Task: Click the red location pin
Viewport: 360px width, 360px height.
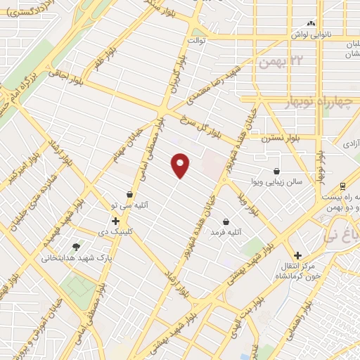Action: click(181, 165)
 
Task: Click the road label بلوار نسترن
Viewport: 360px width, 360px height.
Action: click(281, 139)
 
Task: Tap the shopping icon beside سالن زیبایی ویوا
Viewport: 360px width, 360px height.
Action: click(276, 171)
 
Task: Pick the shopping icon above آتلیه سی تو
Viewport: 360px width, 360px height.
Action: click(129, 195)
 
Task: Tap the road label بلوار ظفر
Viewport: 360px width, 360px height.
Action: click(98, 56)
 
